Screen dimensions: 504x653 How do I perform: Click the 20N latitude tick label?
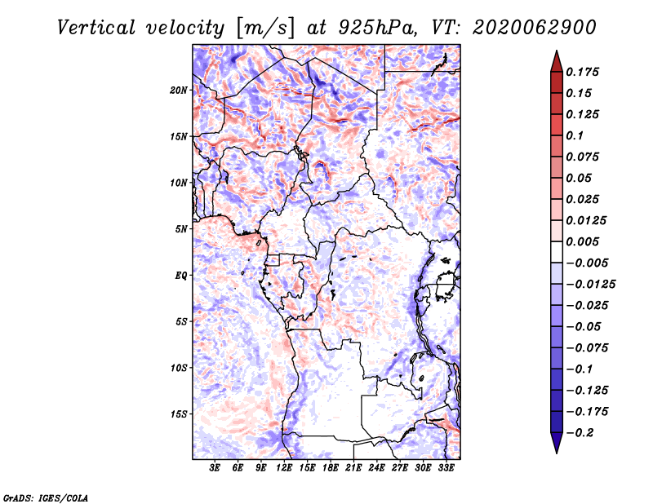[180, 90]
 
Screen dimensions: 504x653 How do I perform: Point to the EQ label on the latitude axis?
[181, 276]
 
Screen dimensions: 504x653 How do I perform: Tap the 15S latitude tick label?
[180, 414]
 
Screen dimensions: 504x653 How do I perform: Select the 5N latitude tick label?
[182, 229]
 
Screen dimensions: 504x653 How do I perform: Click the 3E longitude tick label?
[215, 468]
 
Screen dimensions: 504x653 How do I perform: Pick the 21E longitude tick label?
[353, 468]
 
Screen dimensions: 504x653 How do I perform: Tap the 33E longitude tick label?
[446, 468]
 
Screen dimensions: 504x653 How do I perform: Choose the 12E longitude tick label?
[284, 468]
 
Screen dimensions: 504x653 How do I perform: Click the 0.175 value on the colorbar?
[584, 72]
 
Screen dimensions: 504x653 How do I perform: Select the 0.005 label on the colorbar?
[584, 241]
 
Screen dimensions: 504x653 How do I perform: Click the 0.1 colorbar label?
[576, 135]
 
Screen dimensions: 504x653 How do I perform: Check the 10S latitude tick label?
[180, 368]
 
